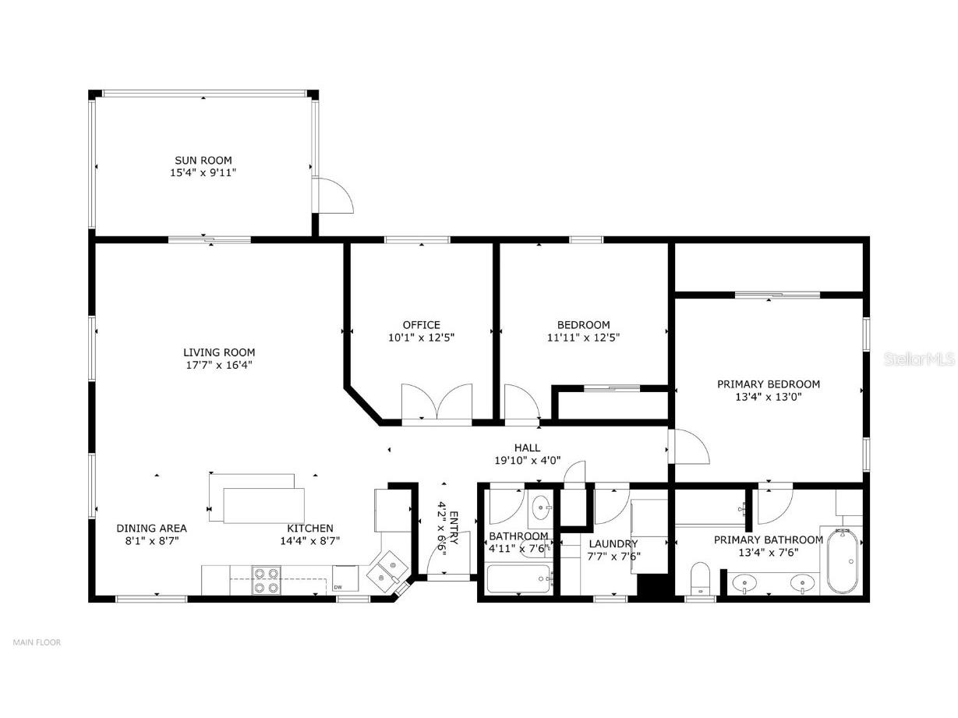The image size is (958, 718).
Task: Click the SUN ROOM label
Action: point(203,161)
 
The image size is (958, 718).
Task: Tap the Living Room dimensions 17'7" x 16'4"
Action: point(218,365)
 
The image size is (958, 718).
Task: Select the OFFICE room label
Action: point(421,325)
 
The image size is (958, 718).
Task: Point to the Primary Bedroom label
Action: point(768,384)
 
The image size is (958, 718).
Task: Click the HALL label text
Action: point(527,447)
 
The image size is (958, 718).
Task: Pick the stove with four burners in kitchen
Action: point(266,579)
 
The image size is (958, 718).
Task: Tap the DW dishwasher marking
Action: point(338,587)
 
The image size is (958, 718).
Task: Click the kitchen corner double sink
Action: point(387,571)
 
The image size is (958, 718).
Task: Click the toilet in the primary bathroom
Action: point(701,578)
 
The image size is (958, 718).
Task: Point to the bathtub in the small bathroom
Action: point(518,579)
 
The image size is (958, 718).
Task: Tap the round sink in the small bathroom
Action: point(539,510)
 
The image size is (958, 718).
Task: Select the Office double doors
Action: point(437,404)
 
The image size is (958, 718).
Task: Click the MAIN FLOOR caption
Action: point(37,642)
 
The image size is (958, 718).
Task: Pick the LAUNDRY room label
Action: point(613,543)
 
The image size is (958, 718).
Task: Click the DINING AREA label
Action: point(151,528)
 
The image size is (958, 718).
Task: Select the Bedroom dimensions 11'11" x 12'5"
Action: point(583,338)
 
